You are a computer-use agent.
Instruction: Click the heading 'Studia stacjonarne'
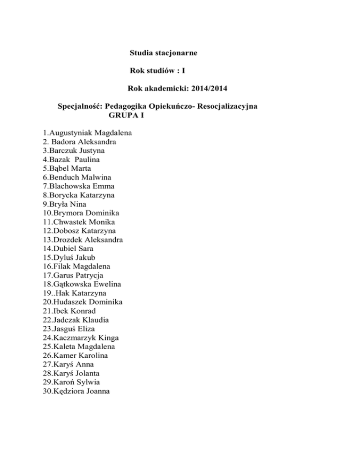click(163, 53)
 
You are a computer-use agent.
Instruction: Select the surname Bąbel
click(60, 169)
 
